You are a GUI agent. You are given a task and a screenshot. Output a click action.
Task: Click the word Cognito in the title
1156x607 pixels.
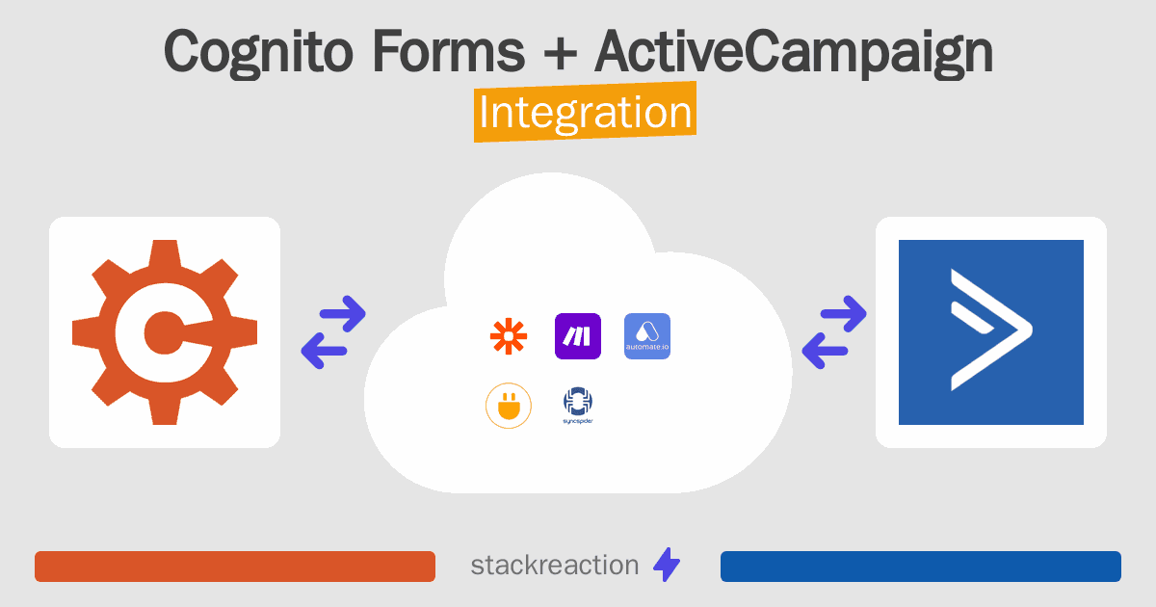click(x=258, y=53)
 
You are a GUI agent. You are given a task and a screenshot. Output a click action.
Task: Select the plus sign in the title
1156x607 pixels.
click(x=560, y=53)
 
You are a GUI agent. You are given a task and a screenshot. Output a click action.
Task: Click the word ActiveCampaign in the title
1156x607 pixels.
click(x=794, y=53)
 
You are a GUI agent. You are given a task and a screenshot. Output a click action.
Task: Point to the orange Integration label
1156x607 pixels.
click(x=586, y=112)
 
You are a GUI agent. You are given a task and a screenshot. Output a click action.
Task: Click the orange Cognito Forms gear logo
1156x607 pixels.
click(x=165, y=332)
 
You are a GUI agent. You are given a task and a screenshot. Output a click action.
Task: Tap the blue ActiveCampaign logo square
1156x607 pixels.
click(x=991, y=332)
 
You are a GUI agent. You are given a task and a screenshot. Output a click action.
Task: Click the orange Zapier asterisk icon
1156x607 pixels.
click(x=509, y=336)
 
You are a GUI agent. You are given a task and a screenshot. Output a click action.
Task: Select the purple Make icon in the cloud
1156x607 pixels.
click(x=577, y=336)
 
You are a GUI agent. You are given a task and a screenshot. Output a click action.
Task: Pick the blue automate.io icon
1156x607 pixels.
click(x=647, y=336)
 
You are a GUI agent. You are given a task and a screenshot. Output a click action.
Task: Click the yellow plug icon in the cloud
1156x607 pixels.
click(x=509, y=406)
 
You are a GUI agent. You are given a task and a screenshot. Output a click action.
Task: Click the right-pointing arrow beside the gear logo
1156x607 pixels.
click(x=343, y=313)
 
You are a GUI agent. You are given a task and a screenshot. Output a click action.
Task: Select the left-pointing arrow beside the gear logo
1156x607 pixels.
click(x=324, y=351)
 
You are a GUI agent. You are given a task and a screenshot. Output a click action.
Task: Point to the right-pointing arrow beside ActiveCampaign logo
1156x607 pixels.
click(x=843, y=313)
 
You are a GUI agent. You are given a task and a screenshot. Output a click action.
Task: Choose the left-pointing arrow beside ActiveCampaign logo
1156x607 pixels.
click(x=825, y=351)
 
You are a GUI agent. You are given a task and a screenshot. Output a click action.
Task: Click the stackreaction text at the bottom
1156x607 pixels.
click(x=555, y=566)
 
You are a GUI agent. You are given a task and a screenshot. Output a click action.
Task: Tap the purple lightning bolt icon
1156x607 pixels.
click(x=667, y=565)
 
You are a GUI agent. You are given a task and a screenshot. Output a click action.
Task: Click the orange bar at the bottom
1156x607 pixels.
click(x=235, y=567)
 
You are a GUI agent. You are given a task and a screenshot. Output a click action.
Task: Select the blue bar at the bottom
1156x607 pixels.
click(x=921, y=567)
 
